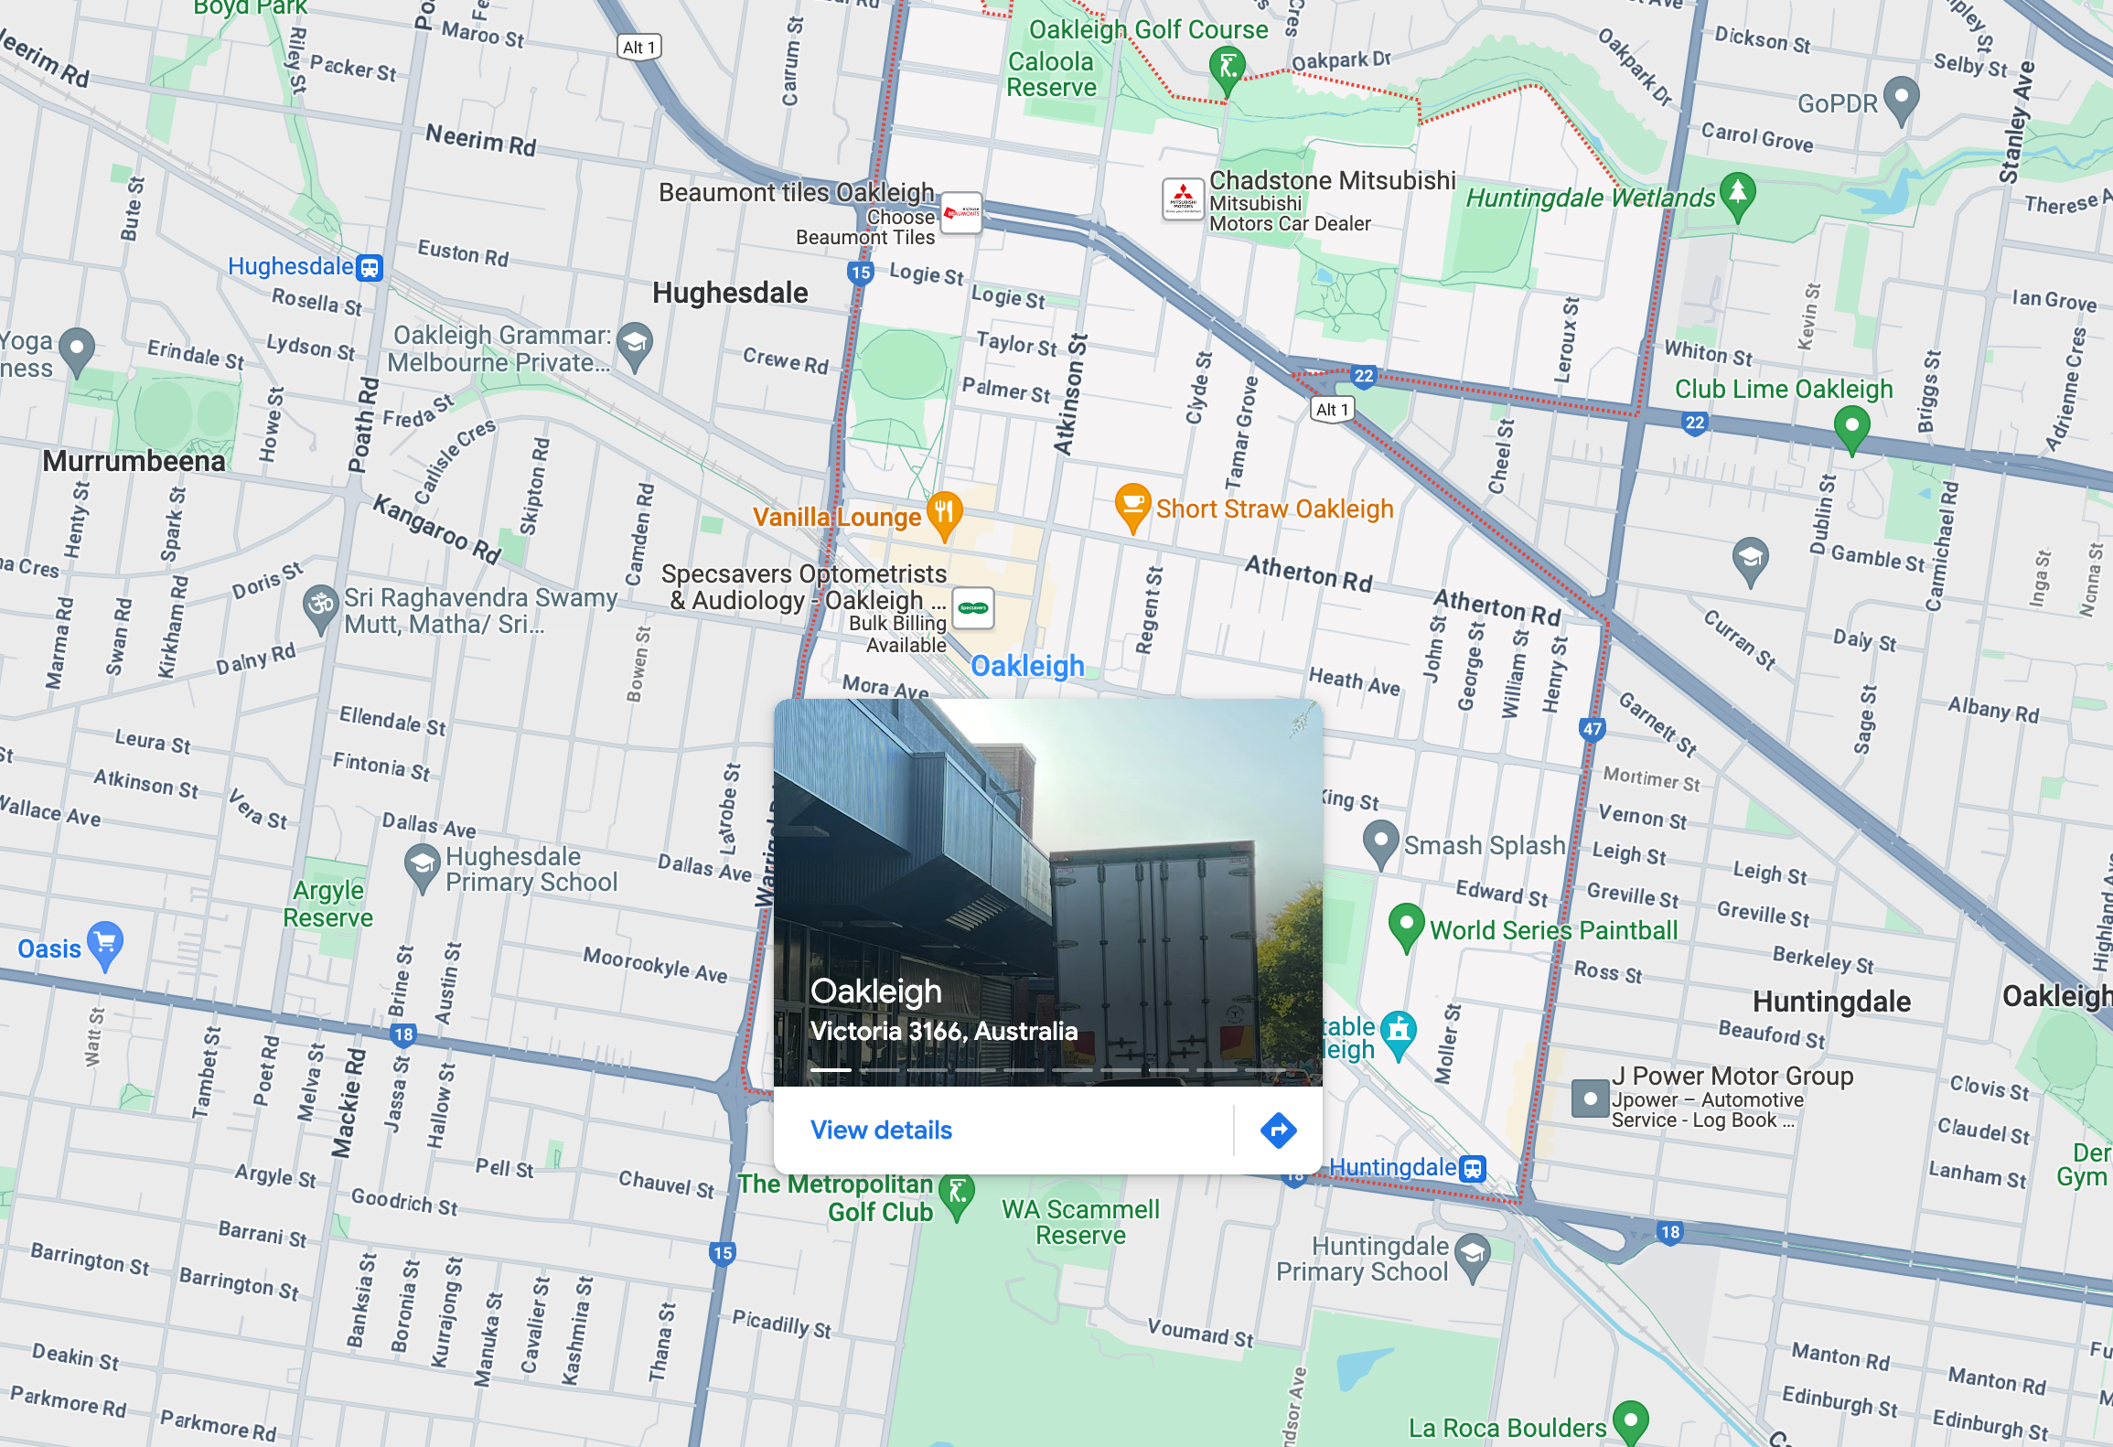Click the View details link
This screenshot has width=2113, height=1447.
click(881, 1131)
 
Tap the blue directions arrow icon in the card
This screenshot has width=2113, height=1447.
click(1278, 1131)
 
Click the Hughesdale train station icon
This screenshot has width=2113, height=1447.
click(370, 267)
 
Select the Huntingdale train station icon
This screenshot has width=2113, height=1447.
click(1472, 1168)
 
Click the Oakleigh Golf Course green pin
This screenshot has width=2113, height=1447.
click(1227, 70)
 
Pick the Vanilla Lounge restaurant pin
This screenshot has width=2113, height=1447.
click(944, 513)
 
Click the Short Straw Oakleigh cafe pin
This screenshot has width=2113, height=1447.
click(1132, 506)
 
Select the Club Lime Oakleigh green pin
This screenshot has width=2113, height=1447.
click(1851, 428)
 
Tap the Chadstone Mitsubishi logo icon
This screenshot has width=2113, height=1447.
click(1183, 199)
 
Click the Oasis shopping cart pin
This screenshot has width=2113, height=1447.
click(105, 944)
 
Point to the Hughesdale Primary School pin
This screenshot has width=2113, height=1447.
click(422, 866)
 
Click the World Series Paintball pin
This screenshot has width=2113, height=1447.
click(1406, 926)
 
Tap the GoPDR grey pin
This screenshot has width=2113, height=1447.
click(1902, 99)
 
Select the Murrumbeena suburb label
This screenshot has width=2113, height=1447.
click(134, 461)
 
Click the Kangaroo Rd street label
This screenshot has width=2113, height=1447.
click(437, 530)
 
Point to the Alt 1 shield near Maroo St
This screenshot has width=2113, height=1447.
click(638, 48)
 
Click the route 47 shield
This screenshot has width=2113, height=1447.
click(1592, 729)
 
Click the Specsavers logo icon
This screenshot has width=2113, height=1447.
click(973, 608)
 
